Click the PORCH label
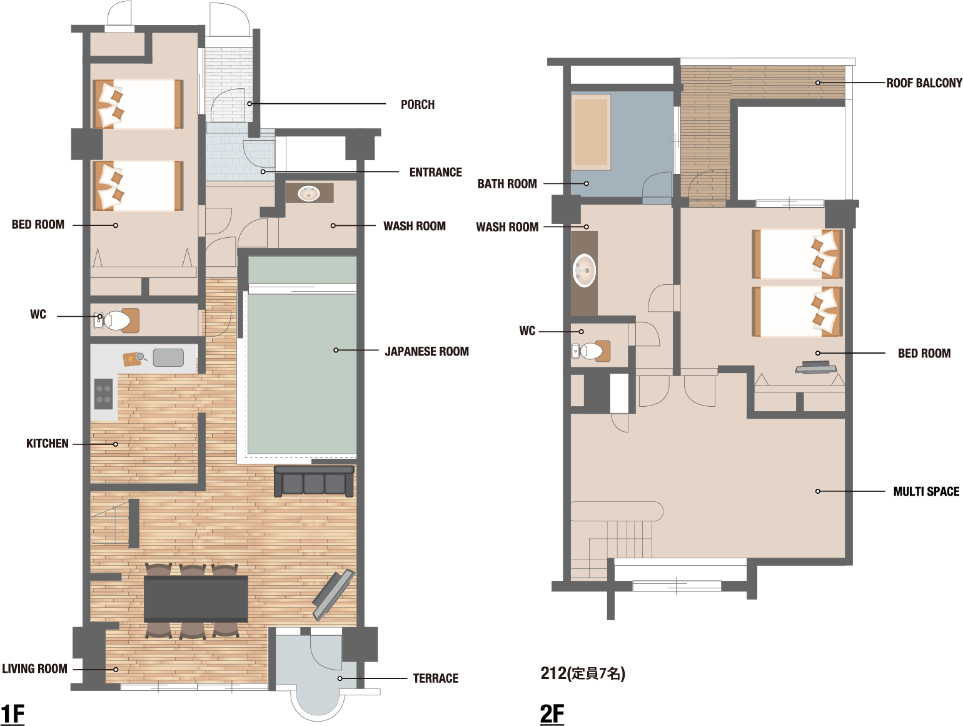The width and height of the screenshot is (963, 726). [x=417, y=105]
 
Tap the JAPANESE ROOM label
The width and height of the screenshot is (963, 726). [x=426, y=351]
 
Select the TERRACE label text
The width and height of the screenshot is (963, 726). [x=435, y=678]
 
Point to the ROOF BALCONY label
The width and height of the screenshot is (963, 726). [x=924, y=83]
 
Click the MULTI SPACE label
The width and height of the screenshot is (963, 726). [x=926, y=491]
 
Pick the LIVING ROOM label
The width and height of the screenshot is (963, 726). [x=34, y=668]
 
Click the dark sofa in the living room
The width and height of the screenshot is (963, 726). [x=314, y=481]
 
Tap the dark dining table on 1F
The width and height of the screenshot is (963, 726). [x=196, y=599]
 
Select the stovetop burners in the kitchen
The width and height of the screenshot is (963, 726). [x=104, y=394]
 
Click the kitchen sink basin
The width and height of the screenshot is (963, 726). [x=168, y=357]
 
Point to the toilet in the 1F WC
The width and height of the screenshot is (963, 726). [x=117, y=320]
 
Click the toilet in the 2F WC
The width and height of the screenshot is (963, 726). [x=590, y=351]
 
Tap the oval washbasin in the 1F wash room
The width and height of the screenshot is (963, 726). [x=309, y=193]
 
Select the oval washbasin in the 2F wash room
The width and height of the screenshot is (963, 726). [x=585, y=270]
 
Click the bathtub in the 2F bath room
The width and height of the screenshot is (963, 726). [x=591, y=131]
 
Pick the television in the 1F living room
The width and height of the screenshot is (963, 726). [x=333, y=595]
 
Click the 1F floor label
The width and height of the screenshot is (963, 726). [x=13, y=714]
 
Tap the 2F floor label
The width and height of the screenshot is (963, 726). [x=552, y=714]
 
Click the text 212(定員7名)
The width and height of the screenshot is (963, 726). [x=583, y=673]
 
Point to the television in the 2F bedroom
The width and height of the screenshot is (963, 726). [x=816, y=367]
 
